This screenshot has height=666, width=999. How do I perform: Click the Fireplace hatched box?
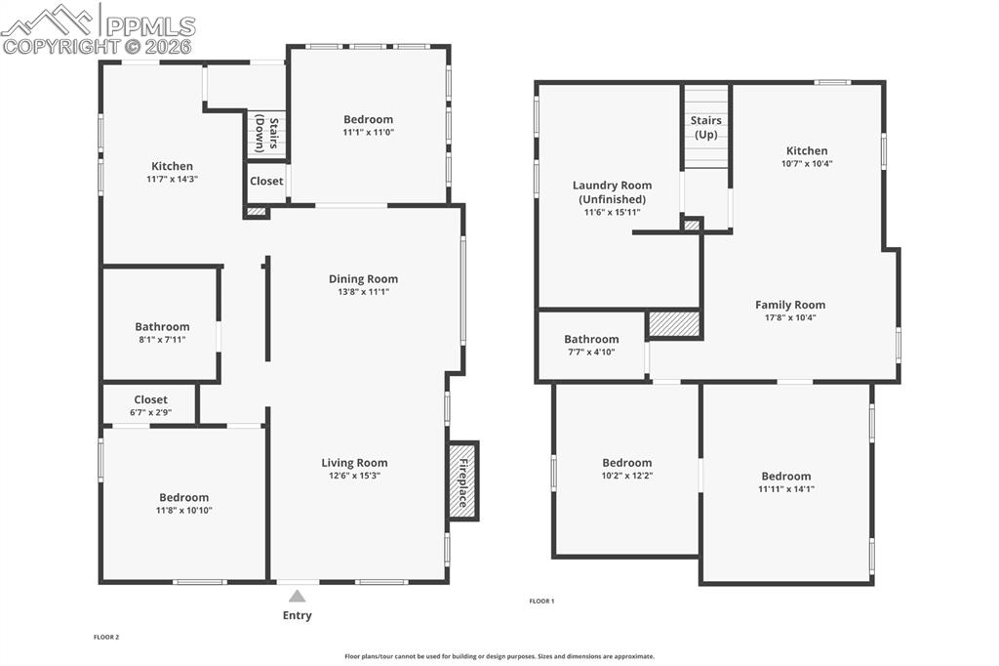462,479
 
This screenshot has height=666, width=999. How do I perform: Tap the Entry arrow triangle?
297,595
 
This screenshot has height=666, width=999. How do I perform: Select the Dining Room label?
363,279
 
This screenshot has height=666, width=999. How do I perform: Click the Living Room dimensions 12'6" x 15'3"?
354,476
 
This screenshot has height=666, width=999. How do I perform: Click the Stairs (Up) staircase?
705,127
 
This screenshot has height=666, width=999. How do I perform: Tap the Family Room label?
790,305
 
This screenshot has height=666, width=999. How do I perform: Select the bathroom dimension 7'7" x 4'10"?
591,352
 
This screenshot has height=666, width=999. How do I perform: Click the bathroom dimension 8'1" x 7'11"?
162,340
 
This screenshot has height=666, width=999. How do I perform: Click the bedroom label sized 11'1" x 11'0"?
368,132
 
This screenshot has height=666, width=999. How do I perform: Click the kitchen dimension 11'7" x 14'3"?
172,179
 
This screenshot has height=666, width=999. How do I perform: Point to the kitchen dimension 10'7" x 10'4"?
807,163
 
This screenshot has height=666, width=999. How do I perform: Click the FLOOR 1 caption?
541,602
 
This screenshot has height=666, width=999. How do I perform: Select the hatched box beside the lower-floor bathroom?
674,324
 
